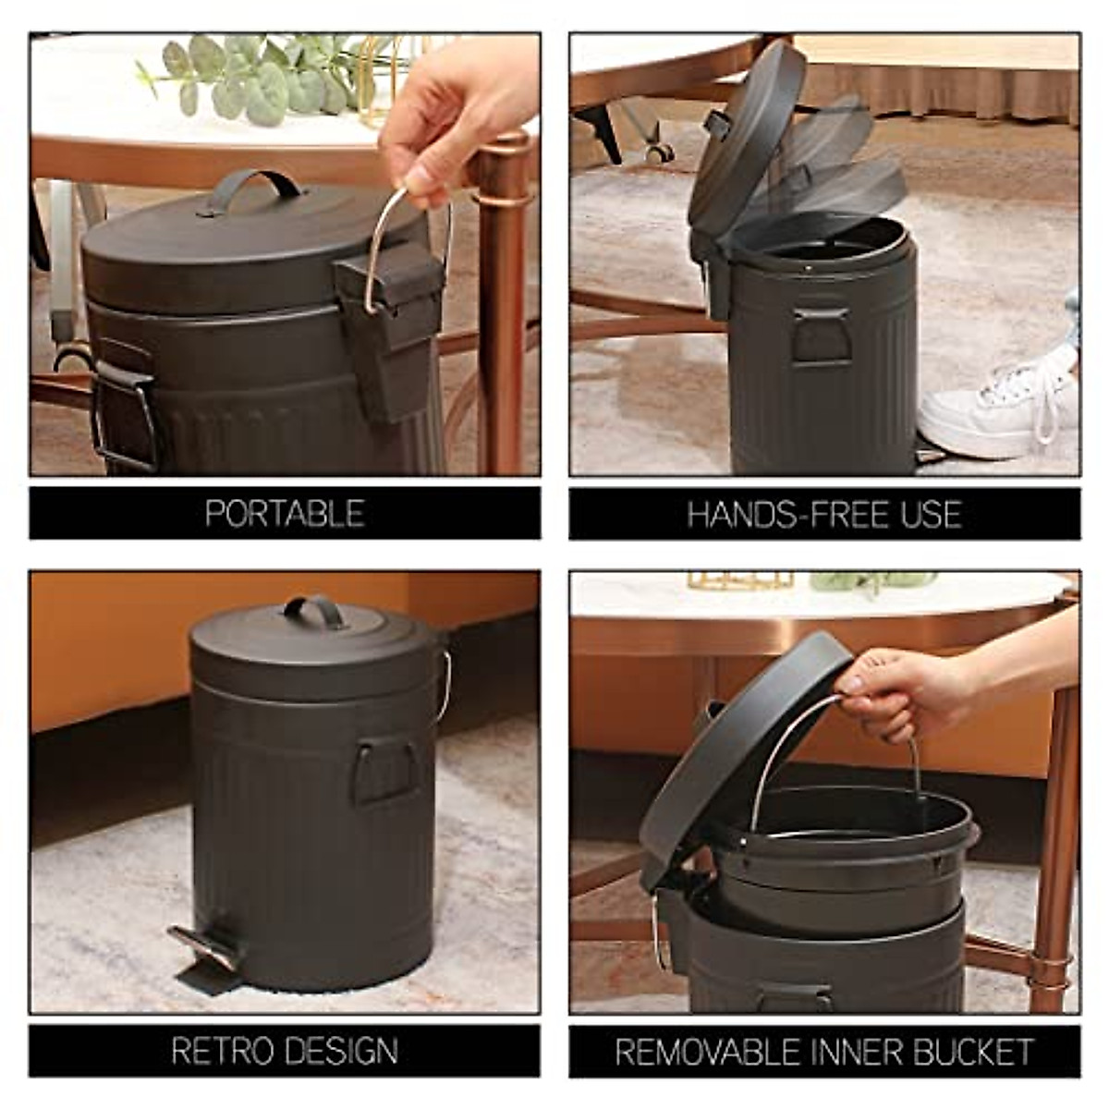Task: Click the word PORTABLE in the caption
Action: [x=285, y=514]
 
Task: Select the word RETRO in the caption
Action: [x=222, y=1051]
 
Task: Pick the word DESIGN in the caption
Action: [x=341, y=1051]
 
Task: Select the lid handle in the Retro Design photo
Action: [x=314, y=610]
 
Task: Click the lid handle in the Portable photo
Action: [x=252, y=186]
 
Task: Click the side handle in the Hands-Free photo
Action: [x=821, y=335]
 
